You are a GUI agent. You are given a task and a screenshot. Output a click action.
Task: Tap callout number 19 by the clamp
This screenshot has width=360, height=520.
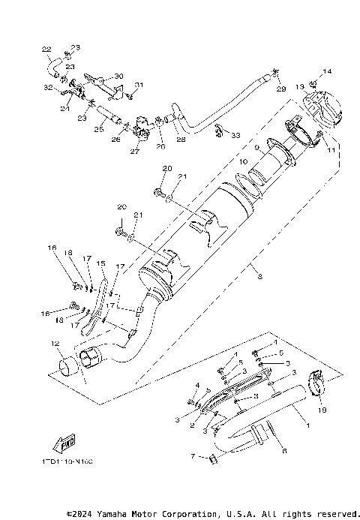[322, 410]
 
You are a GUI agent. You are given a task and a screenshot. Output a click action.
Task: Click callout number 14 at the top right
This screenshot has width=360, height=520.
[326, 72]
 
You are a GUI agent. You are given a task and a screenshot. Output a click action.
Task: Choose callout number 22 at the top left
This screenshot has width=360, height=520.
[46, 50]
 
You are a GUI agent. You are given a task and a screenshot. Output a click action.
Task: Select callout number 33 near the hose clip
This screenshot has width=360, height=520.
[235, 136]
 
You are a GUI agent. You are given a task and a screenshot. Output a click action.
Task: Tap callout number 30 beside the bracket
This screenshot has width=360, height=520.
[118, 77]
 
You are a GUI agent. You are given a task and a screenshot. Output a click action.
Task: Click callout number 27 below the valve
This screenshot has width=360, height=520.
[135, 151]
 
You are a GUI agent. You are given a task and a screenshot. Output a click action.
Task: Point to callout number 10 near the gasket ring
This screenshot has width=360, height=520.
[242, 162]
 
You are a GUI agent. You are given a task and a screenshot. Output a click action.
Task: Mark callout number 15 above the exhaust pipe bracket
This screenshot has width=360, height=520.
[100, 263]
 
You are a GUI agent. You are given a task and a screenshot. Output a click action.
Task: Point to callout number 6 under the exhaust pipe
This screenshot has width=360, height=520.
[284, 450]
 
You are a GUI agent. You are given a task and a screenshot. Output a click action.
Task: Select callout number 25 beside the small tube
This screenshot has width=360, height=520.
[97, 130]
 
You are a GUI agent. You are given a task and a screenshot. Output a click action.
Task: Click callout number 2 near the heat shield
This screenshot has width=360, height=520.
[193, 425]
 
